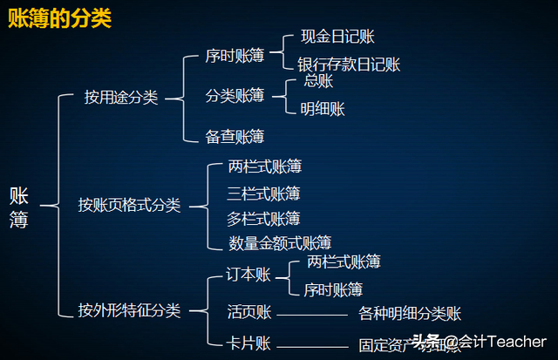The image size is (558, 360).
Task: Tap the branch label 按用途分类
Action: pyautogui.click(x=121, y=98)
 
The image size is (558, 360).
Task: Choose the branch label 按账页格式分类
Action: pyautogui.click(x=129, y=206)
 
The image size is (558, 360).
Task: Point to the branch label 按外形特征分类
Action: pyautogui.click(x=129, y=310)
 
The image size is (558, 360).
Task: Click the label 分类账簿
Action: pyautogui.click(x=235, y=96)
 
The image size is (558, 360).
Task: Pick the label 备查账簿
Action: pyautogui.click(x=235, y=136)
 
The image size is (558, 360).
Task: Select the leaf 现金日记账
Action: pyautogui.click(x=337, y=37)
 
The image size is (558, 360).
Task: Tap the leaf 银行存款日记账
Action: pyautogui.click(x=349, y=65)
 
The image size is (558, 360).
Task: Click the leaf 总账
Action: pyautogui.click(x=319, y=83)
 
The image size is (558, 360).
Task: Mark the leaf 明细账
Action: pyautogui.click(x=323, y=109)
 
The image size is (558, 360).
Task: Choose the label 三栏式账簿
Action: pyautogui.click(x=263, y=193)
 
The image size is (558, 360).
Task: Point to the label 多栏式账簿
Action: pyautogui.click(x=263, y=218)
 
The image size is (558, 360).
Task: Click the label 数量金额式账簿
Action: pyautogui.click(x=280, y=243)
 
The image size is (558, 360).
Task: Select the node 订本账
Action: pyautogui.click(x=249, y=274)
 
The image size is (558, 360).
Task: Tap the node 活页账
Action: pyautogui.click(x=249, y=312)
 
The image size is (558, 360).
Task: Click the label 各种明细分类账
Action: pyautogui.click(x=410, y=314)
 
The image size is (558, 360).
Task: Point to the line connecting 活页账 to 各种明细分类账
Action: pyautogui.click(x=311, y=315)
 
